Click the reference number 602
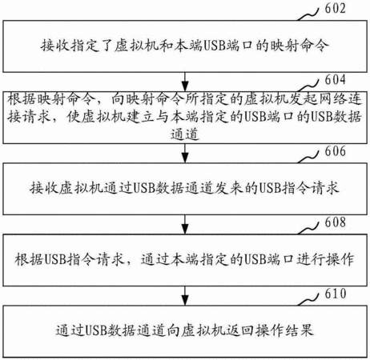(335, 8)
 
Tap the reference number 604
(335, 80)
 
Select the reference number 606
(335, 151)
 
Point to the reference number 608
(335, 222)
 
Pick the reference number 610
(335, 294)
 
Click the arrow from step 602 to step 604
(185, 82)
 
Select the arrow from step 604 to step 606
(185, 153)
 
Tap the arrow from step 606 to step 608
(185, 224)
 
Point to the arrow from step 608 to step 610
(185, 296)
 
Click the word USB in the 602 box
(215, 46)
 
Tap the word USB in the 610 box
(96, 330)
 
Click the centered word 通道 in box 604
(185, 134)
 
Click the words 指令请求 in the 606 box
(311, 188)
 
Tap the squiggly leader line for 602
(308, 14)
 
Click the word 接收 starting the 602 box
(55, 46)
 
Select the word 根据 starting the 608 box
(29, 259)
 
